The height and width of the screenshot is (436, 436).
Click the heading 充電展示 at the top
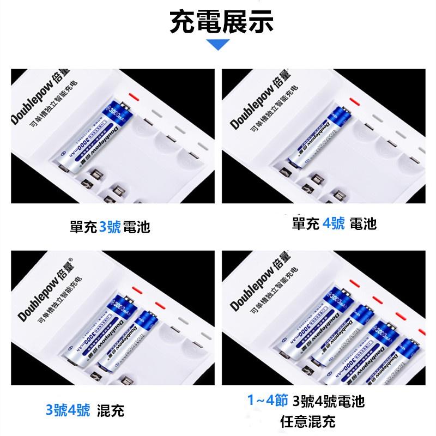[221, 22]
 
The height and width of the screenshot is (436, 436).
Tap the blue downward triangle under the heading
[219, 45]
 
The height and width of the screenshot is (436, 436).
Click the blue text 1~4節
[267, 402]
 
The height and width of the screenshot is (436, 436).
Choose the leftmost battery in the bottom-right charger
[308, 322]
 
